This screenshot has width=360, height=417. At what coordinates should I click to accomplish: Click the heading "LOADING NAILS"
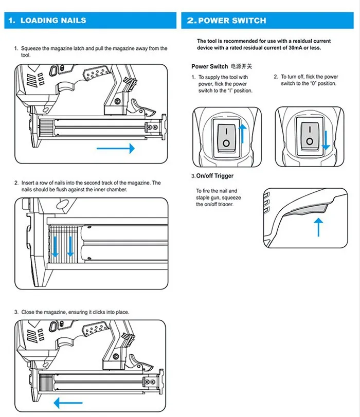tap(53, 21)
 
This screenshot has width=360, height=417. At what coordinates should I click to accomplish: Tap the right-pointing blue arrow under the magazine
tap(115, 148)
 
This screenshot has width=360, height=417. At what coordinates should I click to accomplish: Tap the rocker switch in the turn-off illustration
tap(309, 136)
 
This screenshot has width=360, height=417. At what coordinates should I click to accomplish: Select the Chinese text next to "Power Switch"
tap(242, 66)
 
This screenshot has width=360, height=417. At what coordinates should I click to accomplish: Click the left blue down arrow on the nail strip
tap(56, 245)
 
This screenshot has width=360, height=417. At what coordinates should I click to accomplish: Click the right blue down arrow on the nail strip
tap(70, 245)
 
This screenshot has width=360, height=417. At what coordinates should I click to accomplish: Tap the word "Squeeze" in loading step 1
tap(31, 49)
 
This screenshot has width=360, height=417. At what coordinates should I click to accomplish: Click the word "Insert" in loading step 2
tap(28, 183)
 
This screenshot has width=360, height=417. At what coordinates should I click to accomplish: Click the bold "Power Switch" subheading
tap(209, 66)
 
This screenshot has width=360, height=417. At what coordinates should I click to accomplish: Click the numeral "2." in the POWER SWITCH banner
tap(191, 21)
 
